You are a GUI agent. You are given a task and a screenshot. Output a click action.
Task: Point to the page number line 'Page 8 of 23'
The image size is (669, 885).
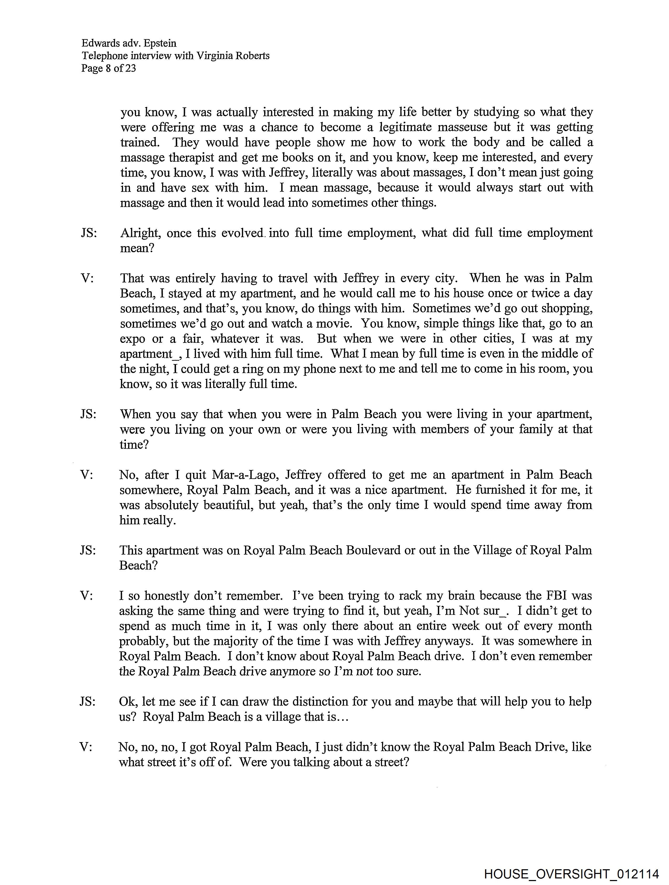point(108,68)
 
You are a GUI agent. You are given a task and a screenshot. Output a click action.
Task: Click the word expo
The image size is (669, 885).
point(132,339)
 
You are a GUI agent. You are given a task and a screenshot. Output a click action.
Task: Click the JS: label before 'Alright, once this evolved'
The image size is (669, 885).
point(89,233)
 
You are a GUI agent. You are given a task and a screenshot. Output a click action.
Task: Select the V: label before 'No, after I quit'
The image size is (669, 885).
point(87,474)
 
